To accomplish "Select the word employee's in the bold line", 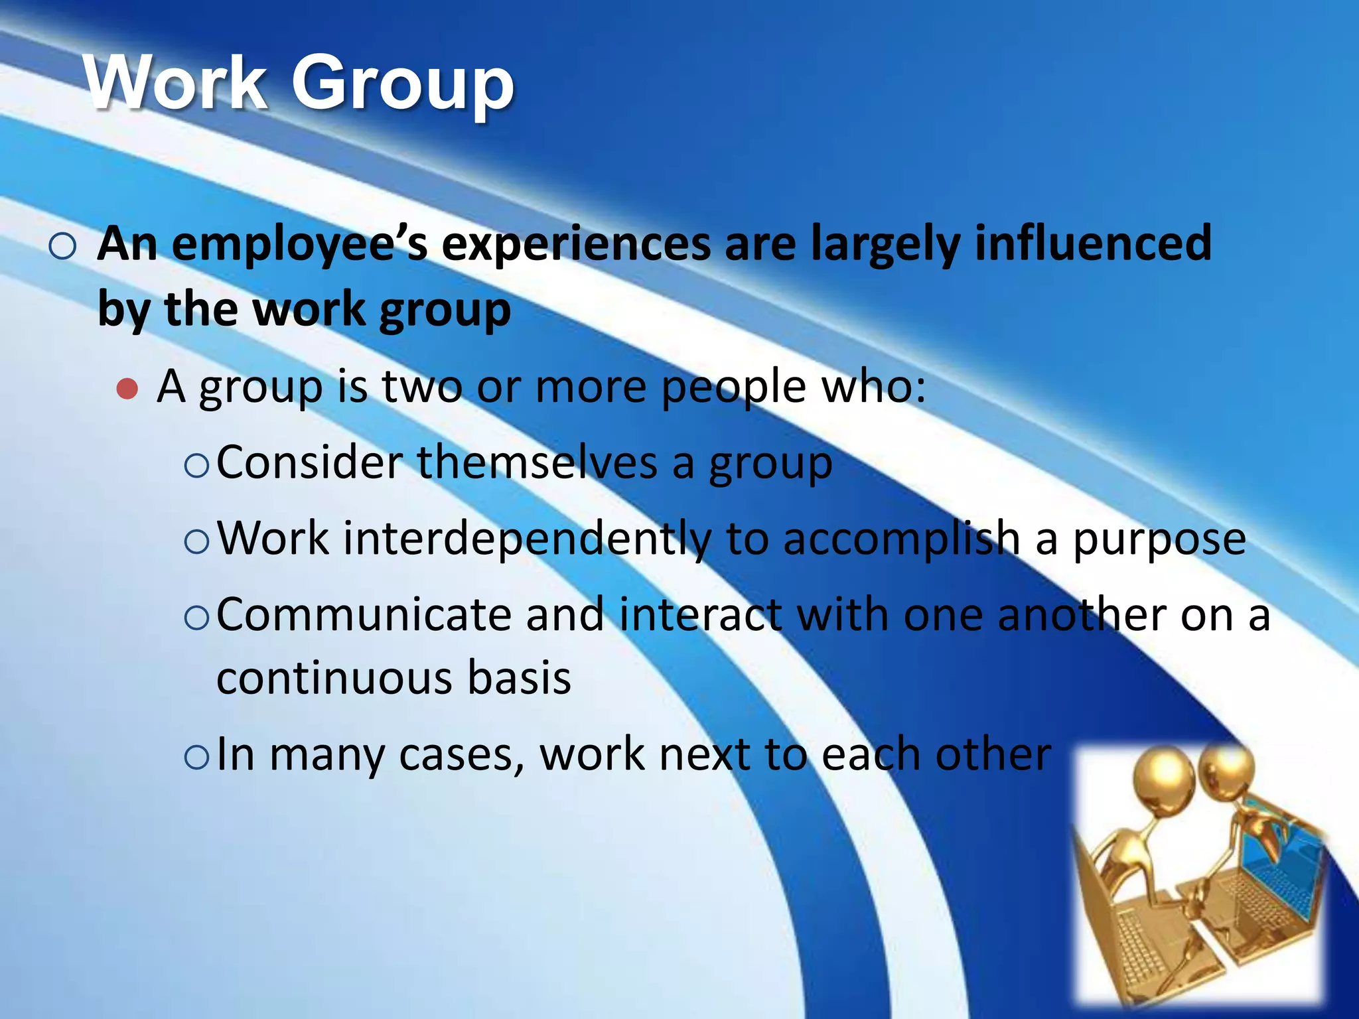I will tap(299, 244).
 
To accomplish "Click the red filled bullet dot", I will tap(127, 389).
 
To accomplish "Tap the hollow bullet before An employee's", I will tap(62, 247).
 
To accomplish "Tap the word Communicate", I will tap(364, 615).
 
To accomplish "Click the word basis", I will tap(519, 678).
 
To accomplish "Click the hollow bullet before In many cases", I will tap(196, 757).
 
